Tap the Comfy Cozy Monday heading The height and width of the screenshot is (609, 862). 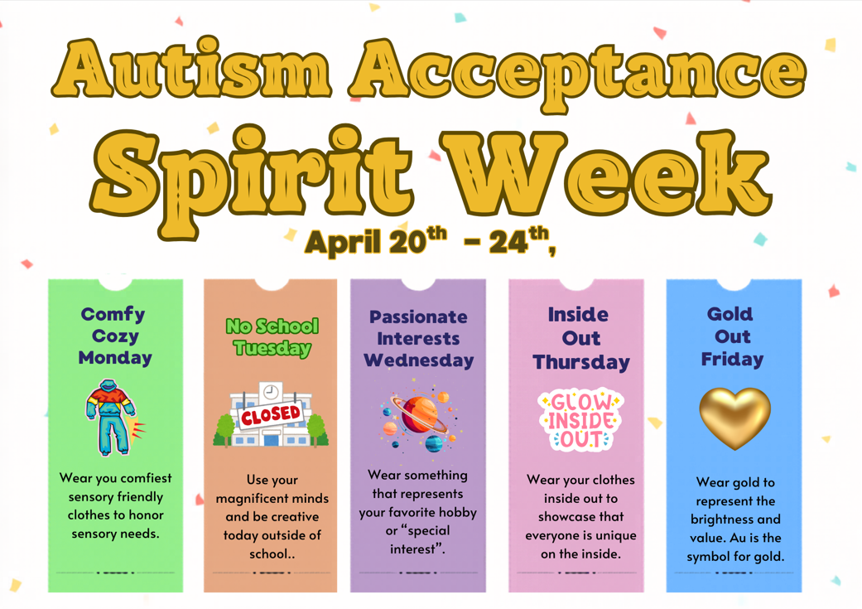pos(115,336)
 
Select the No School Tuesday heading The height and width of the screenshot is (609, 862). pos(272,336)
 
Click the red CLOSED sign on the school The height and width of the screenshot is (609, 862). pos(270,414)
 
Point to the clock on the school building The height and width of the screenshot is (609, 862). pos(271,392)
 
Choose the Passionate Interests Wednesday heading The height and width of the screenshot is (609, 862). pos(418,338)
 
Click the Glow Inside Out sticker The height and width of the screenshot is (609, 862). pos(580,419)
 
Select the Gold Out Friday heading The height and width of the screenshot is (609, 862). pos(732,336)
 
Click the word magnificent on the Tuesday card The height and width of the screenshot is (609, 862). pos(272,498)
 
